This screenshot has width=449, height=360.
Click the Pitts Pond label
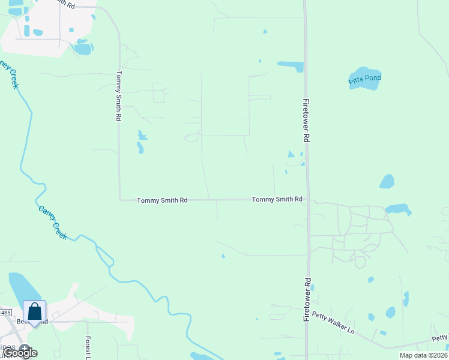[x=365, y=79]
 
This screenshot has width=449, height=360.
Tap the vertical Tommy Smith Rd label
[x=119, y=97]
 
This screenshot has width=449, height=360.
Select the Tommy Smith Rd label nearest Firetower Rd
[x=277, y=199]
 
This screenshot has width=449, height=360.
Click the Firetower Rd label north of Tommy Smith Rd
[x=306, y=120]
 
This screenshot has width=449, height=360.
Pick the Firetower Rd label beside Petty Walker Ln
[x=307, y=299]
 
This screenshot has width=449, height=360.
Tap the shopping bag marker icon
[x=35, y=312]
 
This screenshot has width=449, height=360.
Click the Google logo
[x=20, y=353]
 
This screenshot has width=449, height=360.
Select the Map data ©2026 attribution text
[x=423, y=355]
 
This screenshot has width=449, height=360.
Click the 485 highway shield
[x=5, y=313]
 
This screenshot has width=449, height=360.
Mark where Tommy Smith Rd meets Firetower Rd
[x=307, y=200]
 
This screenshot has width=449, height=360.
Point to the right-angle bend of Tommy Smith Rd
[x=120, y=199]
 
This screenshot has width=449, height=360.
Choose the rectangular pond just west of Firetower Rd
[x=291, y=66]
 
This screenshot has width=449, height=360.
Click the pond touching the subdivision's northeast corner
[x=398, y=209]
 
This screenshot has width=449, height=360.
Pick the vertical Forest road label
[x=88, y=348]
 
